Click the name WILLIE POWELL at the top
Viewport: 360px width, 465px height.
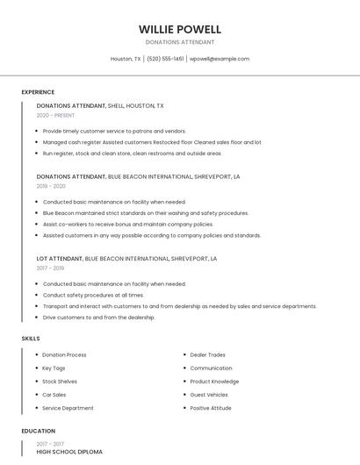[x=180, y=29]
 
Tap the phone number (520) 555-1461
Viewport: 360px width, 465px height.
[x=164, y=59]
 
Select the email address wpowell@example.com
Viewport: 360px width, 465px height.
[x=220, y=59]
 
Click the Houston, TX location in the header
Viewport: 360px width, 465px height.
[x=126, y=59]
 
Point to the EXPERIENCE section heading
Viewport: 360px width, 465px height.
[x=38, y=92]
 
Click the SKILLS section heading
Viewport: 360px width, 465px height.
[x=30, y=338]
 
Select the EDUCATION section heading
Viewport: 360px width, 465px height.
[x=38, y=431]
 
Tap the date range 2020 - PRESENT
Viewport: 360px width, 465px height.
[x=55, y=115]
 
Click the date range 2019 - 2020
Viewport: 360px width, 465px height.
[x=51, y=186]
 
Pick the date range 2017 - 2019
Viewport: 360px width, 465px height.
[x=51, y=268]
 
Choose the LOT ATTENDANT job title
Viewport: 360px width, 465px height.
[x=60, y=259]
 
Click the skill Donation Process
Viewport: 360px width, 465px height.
[x=64, y=354]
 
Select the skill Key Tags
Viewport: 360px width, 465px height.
[x=54, y=368]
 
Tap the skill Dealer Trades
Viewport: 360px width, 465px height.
[x=207, y=354]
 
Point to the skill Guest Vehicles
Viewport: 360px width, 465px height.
[x=209, y=394]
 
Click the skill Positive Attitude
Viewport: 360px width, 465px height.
[x=211, y=407]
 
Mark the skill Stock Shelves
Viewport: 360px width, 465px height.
[x=60, y=381]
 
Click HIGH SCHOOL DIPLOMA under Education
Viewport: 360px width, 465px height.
[x=69, y=452]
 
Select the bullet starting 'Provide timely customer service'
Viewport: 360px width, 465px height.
[x=114, y=131]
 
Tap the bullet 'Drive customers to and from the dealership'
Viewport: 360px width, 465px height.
[x=98, y=317]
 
